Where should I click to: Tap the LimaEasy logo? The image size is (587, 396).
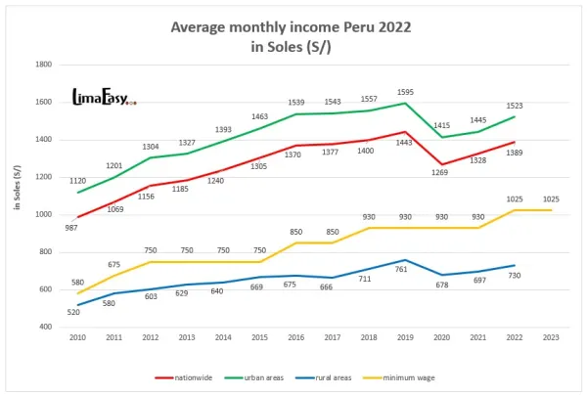click(x=104, y=97)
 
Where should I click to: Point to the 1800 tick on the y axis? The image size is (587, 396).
click(x=43, y=65)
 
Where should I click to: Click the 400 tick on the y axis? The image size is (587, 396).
click(x=45, y=327)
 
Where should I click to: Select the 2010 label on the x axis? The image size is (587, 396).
click(x=77, y=337)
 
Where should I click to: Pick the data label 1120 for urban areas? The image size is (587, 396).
click(x=78, y=181)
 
